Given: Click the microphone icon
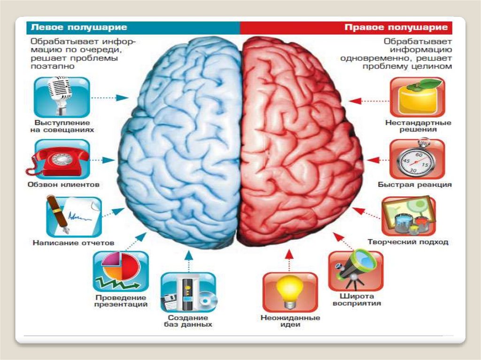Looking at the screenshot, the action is click(62, 97).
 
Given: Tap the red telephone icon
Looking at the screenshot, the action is click(61, 159).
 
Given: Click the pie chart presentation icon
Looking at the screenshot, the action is click(121, 271).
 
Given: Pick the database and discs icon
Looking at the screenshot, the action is click(188, 293).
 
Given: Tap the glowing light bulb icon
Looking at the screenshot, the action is click(290, 292).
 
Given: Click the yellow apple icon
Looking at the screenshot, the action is click(418, 97).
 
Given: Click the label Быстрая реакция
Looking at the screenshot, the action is click(415, 185).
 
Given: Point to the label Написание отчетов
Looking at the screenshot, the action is click(74, 243).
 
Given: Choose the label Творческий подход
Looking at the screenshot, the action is click(408, 243).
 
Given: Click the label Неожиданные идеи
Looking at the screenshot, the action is click(290, 322).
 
